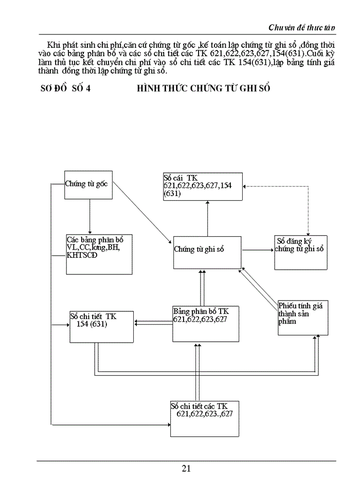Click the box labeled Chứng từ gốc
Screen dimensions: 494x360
point(87,184)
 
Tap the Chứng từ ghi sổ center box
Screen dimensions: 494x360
point(207,252)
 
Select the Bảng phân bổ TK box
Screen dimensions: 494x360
point(206,323)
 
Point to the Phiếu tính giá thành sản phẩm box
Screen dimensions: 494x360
point(302,317)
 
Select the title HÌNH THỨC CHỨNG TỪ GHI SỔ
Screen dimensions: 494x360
point(204,89)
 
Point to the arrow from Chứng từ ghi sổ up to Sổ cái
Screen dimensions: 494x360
point(207,219)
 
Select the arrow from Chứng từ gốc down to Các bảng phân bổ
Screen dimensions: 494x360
point(89,216)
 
